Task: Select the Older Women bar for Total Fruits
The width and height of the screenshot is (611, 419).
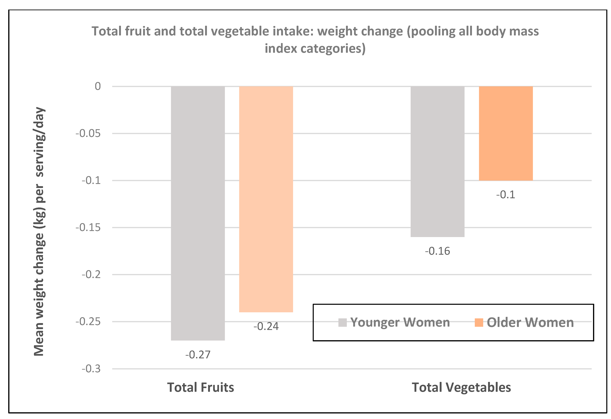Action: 266,199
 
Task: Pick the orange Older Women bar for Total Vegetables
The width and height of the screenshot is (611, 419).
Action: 506,133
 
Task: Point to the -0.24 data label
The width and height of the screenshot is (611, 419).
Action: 266,326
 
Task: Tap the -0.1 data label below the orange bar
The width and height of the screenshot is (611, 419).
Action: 505,195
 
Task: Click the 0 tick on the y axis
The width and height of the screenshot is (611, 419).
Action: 98,86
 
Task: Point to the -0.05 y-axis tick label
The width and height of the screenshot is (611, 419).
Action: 88,133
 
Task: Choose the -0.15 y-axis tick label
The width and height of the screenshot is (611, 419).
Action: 88,227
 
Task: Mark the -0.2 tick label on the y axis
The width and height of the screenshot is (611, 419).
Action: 91,275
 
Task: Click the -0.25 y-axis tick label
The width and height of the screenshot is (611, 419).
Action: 88,321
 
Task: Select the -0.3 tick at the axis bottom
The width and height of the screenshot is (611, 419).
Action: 91,369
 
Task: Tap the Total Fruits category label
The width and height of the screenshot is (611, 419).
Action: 200,387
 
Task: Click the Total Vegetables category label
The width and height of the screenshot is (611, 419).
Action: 461,387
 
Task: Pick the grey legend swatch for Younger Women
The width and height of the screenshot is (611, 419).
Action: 342,322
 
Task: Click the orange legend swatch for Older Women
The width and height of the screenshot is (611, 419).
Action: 479,322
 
